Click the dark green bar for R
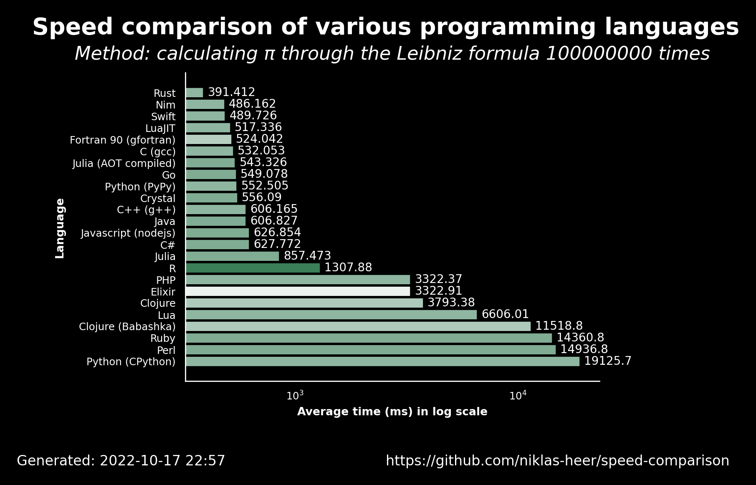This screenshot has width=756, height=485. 253,268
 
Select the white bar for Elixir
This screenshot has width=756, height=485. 298,291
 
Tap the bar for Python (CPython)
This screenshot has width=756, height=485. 382,361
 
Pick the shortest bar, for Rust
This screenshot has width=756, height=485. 194,93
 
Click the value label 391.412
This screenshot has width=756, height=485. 231,92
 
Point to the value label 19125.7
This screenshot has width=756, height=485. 608,361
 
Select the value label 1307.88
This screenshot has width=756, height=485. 348,268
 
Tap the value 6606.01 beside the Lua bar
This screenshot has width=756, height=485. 505,314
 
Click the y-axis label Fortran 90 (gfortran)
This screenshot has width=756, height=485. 123,140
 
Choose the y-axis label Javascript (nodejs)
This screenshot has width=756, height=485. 128,233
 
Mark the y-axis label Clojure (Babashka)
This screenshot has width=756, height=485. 127,327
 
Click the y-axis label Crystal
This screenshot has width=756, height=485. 158,198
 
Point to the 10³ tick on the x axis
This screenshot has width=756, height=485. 295,395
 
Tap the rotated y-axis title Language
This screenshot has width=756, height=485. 60,228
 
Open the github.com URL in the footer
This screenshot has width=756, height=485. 557,461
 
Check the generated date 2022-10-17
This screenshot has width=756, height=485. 144,461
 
